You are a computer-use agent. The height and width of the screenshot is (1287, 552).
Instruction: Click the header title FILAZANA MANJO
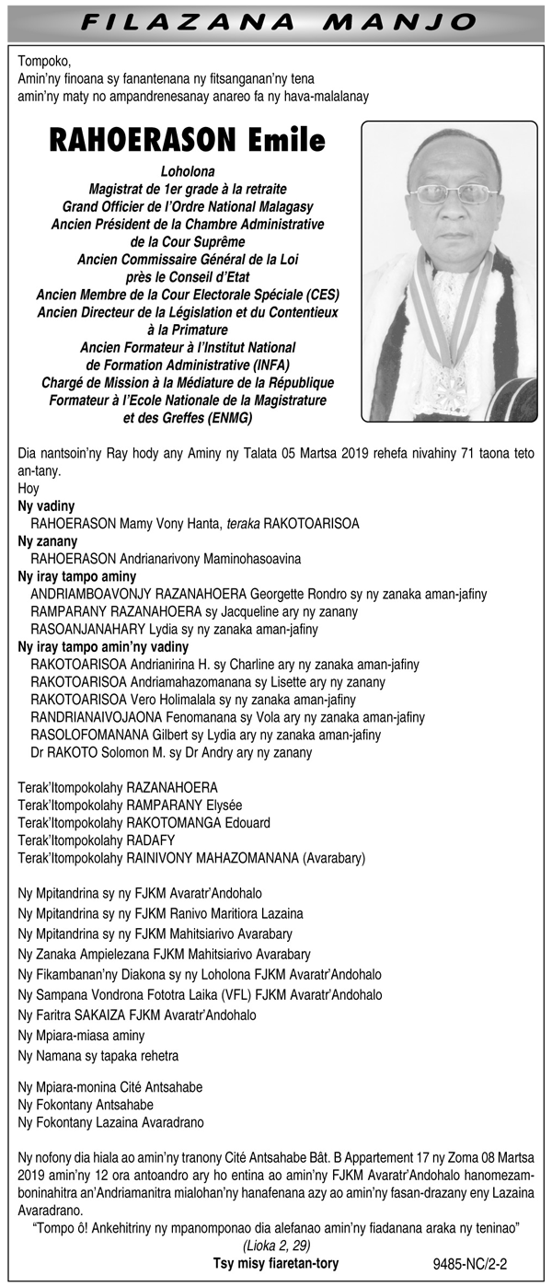click(x=275, y=21)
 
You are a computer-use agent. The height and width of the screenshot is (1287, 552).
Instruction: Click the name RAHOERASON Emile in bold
click(x=188, y=140)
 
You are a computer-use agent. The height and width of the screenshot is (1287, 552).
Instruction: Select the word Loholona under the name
click(x=188, y=171)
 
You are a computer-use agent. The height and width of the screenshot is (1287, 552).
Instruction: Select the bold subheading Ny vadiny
click(x=47, y=506)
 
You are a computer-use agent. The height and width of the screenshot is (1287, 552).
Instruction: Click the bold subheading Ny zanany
click(x=48, y=541)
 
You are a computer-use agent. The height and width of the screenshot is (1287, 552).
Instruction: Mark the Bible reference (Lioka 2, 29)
click(x=276, y=1246)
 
